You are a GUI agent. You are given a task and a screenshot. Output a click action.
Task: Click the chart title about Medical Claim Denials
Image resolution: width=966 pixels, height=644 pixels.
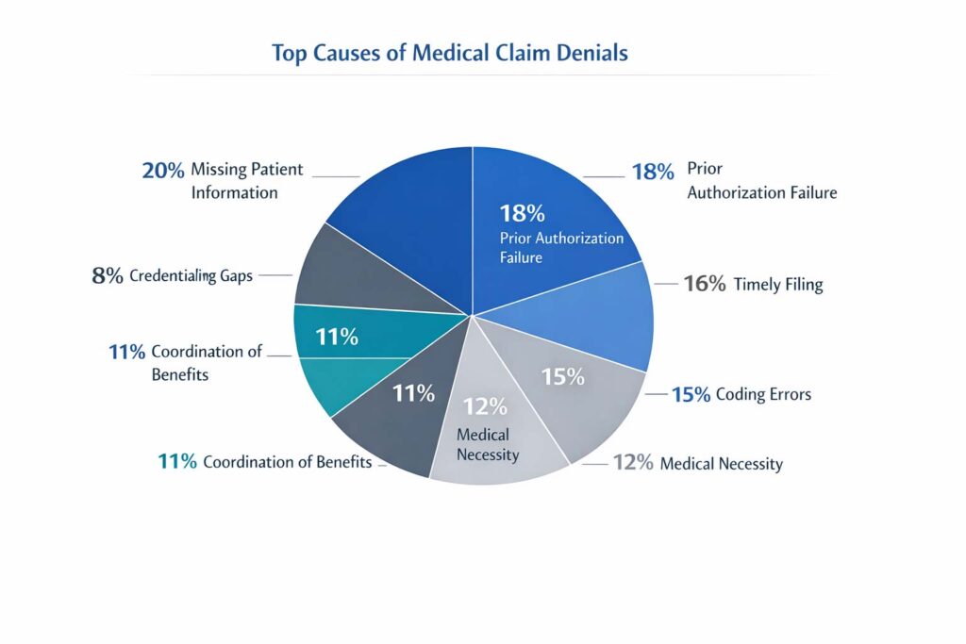(450, 53)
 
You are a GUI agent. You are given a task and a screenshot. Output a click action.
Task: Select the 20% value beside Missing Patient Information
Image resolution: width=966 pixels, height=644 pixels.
(163, 171)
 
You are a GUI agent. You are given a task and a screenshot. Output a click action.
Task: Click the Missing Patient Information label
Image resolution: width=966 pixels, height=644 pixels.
(246, 181)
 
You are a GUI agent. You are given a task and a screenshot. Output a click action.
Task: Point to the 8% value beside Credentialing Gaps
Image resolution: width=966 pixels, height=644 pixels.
(108, 277)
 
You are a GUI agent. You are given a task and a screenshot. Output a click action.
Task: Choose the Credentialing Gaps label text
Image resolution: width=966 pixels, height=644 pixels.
(192, 277)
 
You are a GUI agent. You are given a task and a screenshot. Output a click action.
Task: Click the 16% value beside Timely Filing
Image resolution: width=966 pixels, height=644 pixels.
(704, 284)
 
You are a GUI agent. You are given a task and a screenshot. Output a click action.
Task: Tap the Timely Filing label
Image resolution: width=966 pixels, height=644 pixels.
(778, 284)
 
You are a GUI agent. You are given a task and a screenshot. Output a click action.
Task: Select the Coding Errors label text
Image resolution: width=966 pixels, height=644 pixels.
(763, 395)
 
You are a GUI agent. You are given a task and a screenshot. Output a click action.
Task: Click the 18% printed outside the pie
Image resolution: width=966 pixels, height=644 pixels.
(653, 173)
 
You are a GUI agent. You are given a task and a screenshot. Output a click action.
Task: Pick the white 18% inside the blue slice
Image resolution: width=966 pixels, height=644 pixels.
(524, 213)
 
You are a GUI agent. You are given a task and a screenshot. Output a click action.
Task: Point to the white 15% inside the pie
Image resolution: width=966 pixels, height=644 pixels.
(563, 376)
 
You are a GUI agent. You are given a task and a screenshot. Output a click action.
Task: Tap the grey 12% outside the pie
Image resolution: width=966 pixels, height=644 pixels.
(632, 463)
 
